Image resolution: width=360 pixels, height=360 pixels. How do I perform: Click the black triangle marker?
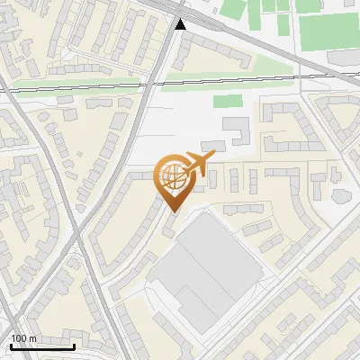[x=182, y=24]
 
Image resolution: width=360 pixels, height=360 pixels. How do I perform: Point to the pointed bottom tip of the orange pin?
[x=173, y=212]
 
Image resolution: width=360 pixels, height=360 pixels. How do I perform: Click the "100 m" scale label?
[x=23, y=338]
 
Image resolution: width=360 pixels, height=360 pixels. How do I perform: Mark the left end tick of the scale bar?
[x=10, y=346]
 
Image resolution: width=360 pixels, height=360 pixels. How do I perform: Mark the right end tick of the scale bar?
[x=75, y=346]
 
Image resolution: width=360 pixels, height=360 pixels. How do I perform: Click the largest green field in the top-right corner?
[x=326, y=31]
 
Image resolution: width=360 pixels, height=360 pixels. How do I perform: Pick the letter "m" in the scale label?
[x=31, y=338]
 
